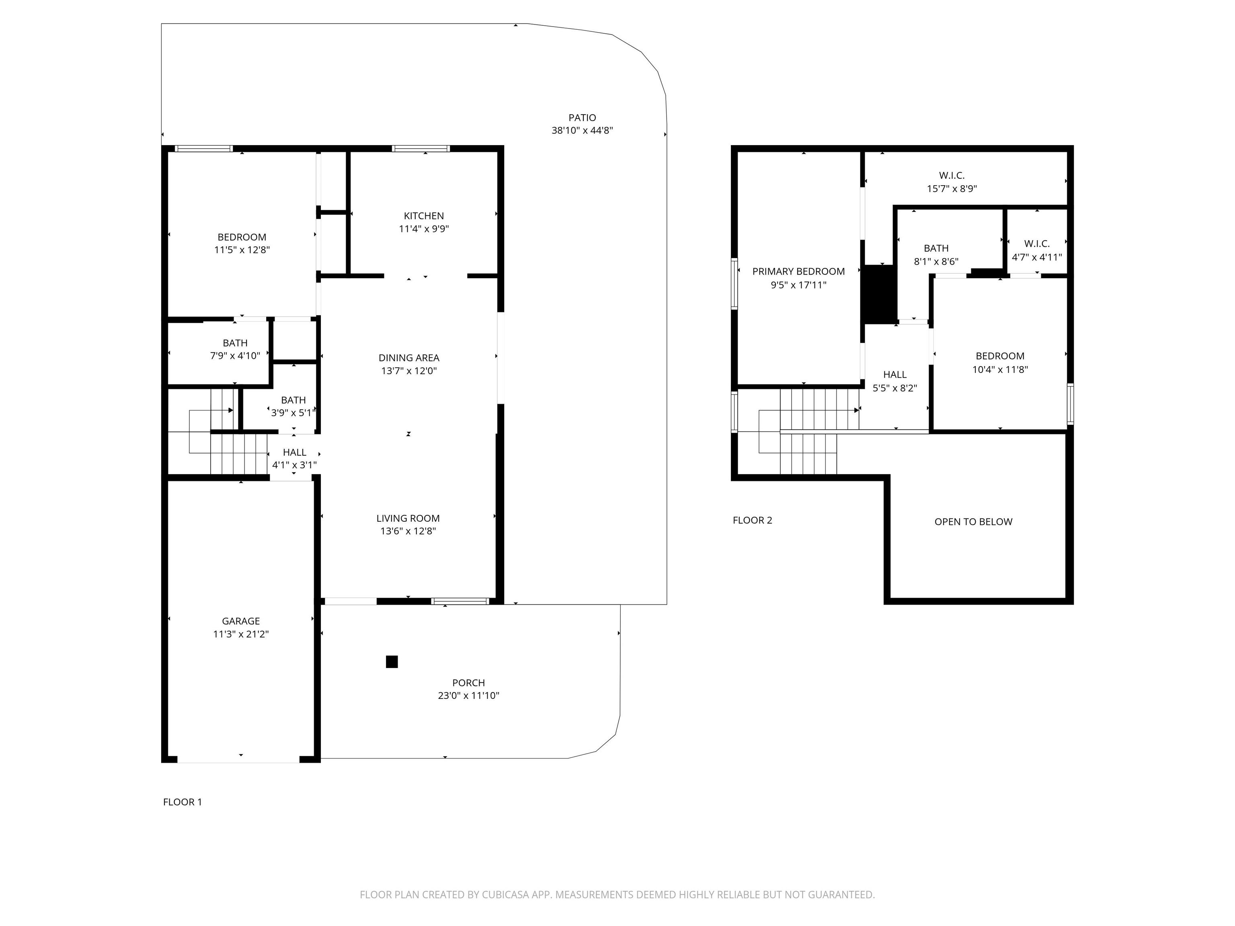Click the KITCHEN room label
click(424, 216)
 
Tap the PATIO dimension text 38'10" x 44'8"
click(583, 131)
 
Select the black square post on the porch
click(392, 662)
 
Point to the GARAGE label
click(241, 621)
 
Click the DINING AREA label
click(409, 358)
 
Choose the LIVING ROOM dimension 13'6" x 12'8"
click(408, 531)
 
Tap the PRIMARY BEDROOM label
click(798, 272)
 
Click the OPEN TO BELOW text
click(973, 522)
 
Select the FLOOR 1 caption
click(183, 802)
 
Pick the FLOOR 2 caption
click(753, 520)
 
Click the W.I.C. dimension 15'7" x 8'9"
click(952, 188)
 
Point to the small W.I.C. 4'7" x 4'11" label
click(1037, 251)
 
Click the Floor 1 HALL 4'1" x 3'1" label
click(294, 458)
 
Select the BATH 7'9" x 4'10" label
click(235, 349)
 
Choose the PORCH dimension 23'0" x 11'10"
click(468, 695)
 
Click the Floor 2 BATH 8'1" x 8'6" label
click(936, 254)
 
